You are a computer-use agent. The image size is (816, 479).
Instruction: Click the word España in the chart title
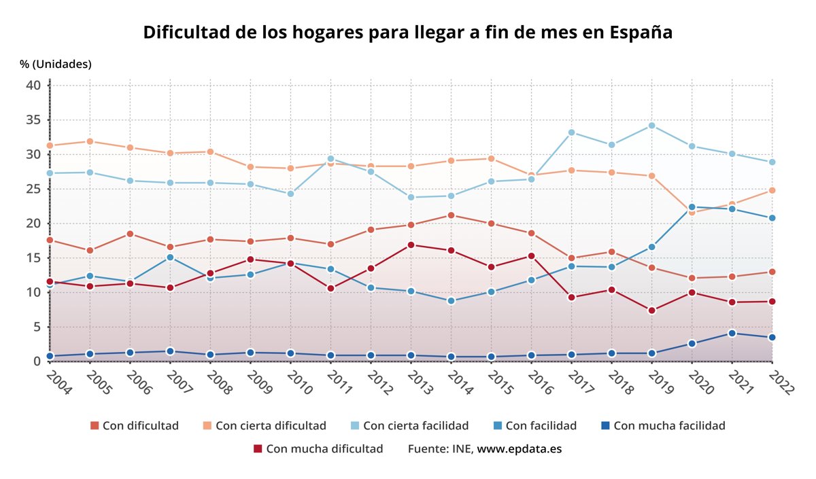[x=641, y=33]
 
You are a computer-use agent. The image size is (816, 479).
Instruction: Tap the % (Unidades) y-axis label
[x=56, y=65]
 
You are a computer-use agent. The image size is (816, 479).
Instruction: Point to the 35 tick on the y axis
[x=33, y=120]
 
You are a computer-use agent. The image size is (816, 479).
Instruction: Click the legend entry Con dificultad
[x=140, y=426]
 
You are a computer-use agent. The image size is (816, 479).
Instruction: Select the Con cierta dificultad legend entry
[x=271, y=426]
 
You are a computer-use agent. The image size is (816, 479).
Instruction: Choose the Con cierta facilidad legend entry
[x=415, y=426]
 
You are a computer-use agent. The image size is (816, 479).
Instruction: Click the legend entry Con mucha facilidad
[x=669, y=426]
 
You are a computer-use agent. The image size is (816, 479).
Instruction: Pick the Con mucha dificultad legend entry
[x=324, y=449]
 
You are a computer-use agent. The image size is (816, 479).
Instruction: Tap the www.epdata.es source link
[x=519, y=449]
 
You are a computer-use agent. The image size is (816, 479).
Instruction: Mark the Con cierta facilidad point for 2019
[x=652, y=126]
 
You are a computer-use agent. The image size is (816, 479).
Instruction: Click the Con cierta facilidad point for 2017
[x=572, y=132]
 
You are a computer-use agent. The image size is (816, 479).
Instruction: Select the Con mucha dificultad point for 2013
[x=411, y=245]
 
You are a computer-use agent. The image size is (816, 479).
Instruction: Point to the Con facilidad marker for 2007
[x=170, y=258]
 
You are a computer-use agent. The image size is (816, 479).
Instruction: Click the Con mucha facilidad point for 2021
[x=732, y=334]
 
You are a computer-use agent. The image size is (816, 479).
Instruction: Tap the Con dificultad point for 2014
[x=451, y=215]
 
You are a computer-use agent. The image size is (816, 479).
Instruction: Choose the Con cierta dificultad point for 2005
[x=90, y=141]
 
